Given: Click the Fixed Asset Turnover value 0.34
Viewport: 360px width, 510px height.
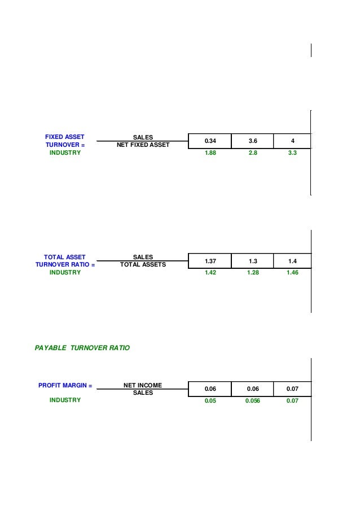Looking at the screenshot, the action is [210, 141].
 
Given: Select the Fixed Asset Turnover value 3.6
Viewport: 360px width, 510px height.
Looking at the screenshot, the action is [253, 141].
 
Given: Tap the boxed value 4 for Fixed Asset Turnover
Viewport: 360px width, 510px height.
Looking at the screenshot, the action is [292, 141].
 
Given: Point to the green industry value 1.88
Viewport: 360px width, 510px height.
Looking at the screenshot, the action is [210, 152].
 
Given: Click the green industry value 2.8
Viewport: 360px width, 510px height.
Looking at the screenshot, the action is [253, 152].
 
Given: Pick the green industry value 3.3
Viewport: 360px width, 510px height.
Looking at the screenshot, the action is [292, 152].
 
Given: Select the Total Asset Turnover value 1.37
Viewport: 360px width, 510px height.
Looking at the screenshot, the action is [210, 261].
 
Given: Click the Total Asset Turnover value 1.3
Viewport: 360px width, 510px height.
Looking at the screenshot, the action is [253, 261].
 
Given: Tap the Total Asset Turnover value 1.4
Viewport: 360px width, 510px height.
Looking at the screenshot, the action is [292, 261].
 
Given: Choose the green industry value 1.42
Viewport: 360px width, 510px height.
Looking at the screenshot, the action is [210, 273].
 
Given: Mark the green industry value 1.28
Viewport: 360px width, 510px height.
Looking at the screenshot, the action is [253, 273].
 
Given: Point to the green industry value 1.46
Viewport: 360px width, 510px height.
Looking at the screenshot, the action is [292, 273].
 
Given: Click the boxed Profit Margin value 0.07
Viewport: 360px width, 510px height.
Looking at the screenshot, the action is [292, 389].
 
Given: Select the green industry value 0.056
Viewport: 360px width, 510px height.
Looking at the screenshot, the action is [253, 400].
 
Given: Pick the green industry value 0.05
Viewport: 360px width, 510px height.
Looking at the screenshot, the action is [210, 400].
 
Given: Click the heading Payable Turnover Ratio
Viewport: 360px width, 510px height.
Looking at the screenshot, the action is [82, 348].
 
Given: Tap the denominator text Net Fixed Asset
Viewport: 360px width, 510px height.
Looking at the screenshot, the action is [143, 145].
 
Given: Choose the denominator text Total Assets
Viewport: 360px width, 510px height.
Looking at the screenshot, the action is [143, 264].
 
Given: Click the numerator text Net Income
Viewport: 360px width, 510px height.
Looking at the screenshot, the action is [143, 385].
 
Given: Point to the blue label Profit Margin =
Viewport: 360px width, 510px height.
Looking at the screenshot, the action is [65, 385].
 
